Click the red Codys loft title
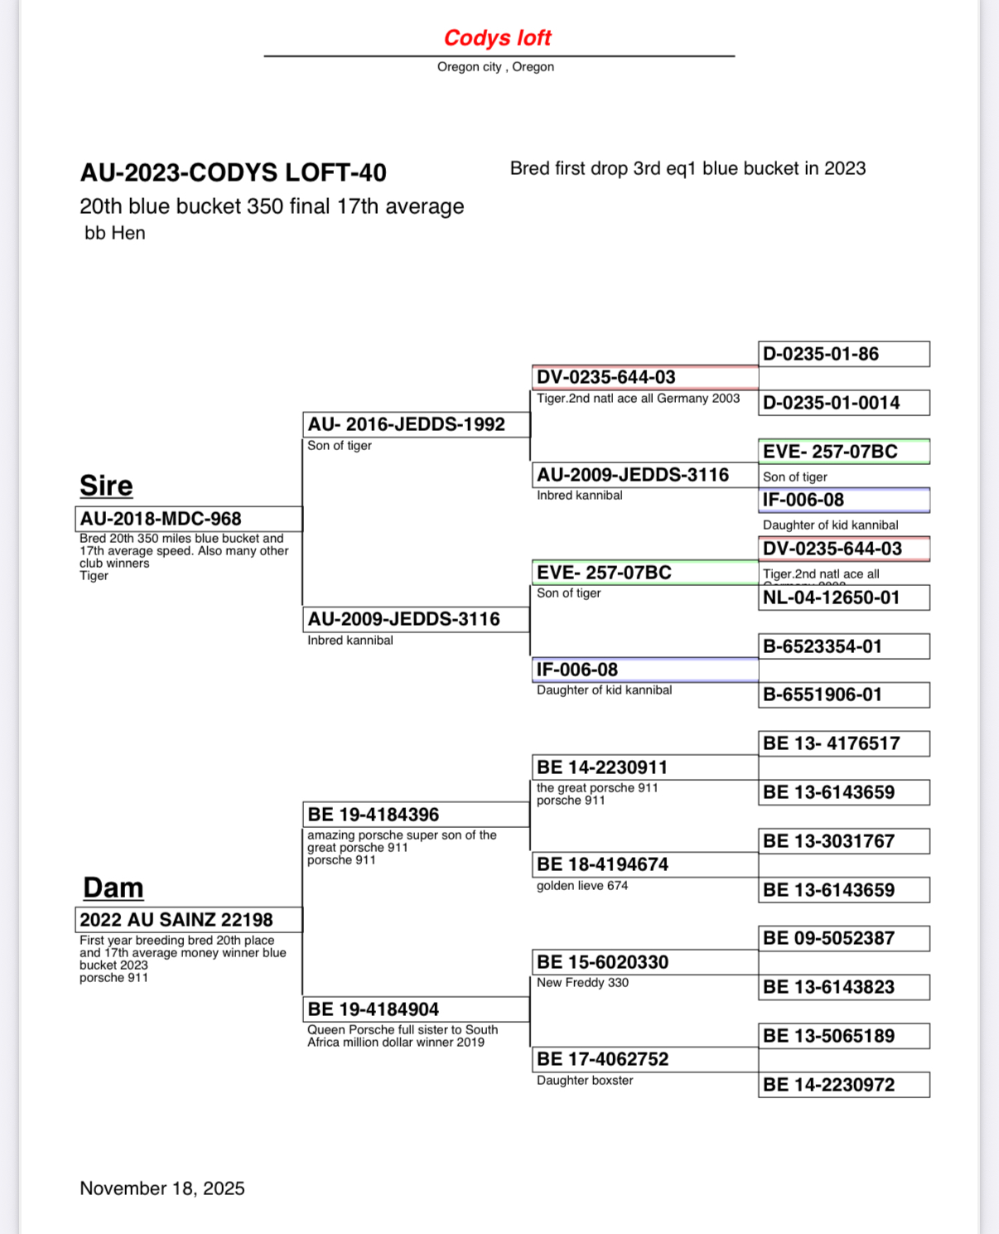pos(497,38)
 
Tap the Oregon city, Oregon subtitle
pos(495,67)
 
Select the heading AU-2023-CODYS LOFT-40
pos(233,172)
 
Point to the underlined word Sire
pos(106,486)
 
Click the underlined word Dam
pos(113,888)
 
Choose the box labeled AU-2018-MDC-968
pos(189,519)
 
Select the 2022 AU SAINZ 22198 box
pos(188,920)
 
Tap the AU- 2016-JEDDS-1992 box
pos(416,424)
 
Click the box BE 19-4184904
pos(416,1009)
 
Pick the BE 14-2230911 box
pos(644,767)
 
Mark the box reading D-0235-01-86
pos(843,354)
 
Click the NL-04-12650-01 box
pos(843,598)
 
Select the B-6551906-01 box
pos(843,694)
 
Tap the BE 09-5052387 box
pos(843,938)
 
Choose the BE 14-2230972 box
pos(843,1085)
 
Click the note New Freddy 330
pos(582,983)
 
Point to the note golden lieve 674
pos(582,886)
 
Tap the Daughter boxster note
pos(585,1081)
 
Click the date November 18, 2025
pos(162,1188)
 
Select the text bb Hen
pos(115,234)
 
